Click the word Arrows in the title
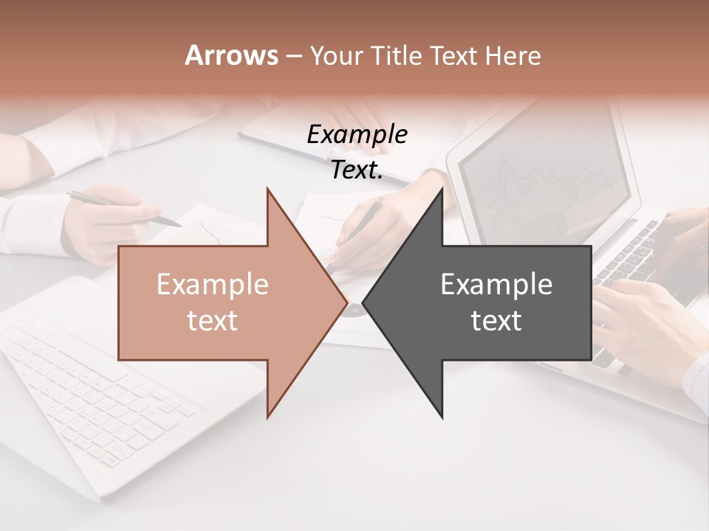[231, 55]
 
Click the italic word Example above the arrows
[357, 134]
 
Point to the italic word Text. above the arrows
[357, 170]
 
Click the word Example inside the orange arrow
[212, 284]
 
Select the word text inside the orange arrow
[212, 321]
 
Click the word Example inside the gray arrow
[496, 284]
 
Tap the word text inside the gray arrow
[496, 321]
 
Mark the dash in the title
[293, 57]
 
